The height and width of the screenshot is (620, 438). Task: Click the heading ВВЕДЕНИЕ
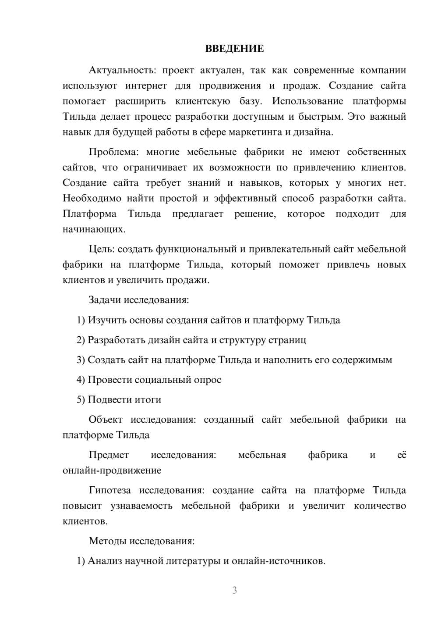click(234, 49)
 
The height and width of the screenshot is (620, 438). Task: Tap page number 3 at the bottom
click(234, 590)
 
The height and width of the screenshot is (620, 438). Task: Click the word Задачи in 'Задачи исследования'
click(105, 300)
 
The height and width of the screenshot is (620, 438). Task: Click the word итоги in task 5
click(148, 399)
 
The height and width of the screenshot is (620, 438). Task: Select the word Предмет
click(109, 455)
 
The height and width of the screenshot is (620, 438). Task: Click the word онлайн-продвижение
click(112, 470)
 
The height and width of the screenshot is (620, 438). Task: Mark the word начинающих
click(94, 229)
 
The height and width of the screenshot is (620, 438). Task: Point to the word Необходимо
click(92, 198)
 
